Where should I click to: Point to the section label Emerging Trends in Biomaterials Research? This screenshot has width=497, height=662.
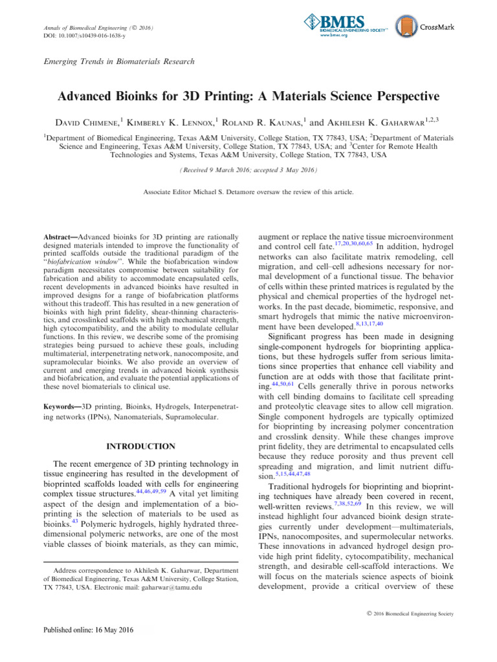click(118, 61)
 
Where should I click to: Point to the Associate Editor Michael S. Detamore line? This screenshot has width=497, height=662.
click(248, 193)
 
